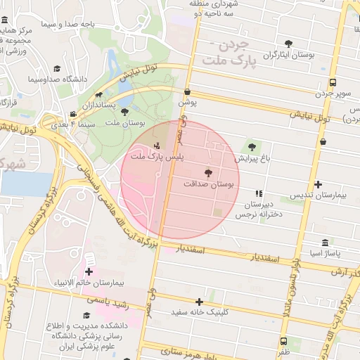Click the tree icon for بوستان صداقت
click(x=208, y=172)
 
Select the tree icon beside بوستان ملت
click(x=124, y=112)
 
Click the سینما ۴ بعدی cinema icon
click(x=73, y=115)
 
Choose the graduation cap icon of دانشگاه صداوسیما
click(x=57, y=68)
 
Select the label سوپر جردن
click(x=332, y=92)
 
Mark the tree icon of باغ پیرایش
click(x=252, y=147)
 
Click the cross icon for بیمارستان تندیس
click(x=318, y=184)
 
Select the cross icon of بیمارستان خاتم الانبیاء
click(x=89, y=271)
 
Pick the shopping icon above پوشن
click(x=187, y=92)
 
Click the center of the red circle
click(x=181, y=180)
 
